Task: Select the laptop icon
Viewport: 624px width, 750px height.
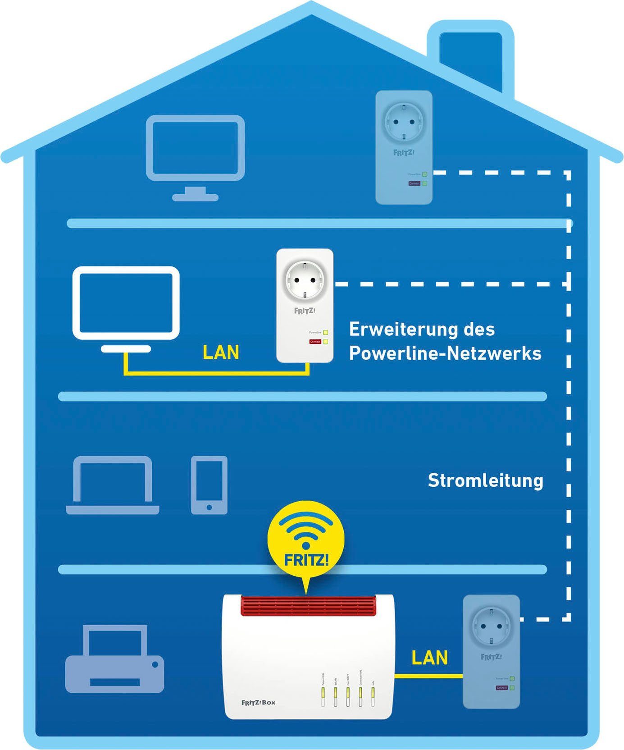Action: pos(113,485)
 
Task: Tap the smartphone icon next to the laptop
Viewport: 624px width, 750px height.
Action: pos(209,485)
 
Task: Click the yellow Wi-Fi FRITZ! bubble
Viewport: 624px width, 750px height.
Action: pos(306,541)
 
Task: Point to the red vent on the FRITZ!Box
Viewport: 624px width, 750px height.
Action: pos(308,605)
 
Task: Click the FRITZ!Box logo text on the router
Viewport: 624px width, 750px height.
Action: pos(258,702)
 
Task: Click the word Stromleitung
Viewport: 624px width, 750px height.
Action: pos(485,480)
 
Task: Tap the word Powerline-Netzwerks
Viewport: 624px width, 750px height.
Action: pos(445,353)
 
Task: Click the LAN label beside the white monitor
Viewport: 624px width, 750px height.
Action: pos(221,352)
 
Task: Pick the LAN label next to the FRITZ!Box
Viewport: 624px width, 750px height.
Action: pos(429,658)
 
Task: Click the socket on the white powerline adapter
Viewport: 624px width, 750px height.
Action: pos(305,280)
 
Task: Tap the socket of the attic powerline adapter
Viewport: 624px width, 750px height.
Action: pos(404,121)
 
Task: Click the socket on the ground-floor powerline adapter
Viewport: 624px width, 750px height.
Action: pos(491,626)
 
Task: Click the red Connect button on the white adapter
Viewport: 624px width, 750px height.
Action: pos(315,342)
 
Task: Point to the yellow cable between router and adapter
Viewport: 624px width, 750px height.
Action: pos(428,676)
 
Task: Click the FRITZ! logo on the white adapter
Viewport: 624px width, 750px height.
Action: pos(305,311)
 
